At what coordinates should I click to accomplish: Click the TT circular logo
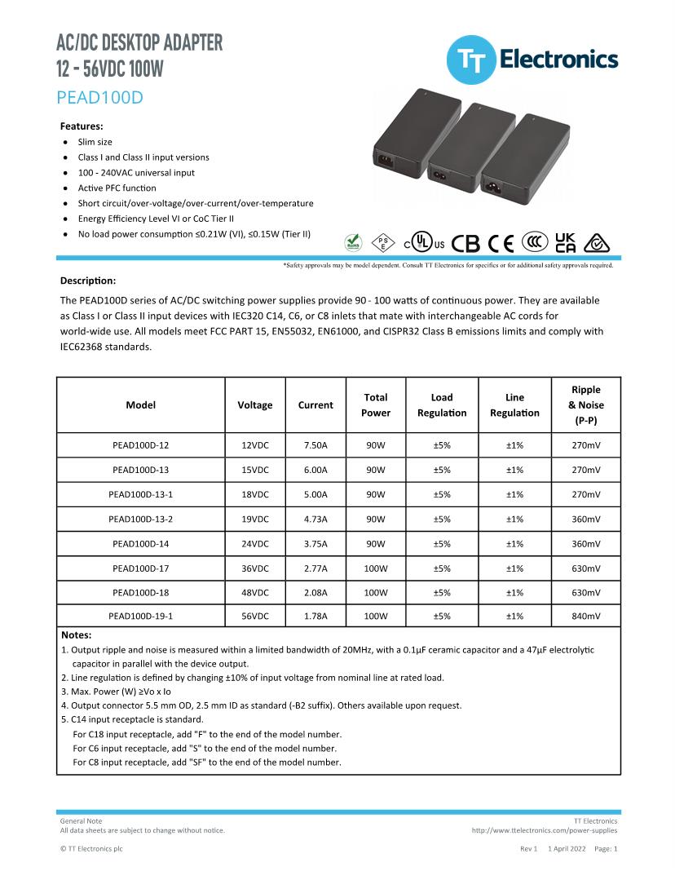click(470, 60)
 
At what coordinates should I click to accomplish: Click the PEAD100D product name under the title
click(100, 98)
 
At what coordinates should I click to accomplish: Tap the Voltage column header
click(255, 405)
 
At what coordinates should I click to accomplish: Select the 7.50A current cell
click(315, 445)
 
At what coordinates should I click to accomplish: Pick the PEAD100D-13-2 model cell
click(141, 519)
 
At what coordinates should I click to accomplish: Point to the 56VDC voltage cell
click(255, 617)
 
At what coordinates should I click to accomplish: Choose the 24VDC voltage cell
click(255, 543)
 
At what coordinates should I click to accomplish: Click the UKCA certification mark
click(565, 242)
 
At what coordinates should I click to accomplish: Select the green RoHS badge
click(354, 242)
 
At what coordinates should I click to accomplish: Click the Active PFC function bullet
click(117, 188)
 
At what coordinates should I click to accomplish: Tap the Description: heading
click(88, 281)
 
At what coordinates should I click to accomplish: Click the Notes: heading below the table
click(77, 634)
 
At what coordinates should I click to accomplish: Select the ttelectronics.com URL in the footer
click(544, 830)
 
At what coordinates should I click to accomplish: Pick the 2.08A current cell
click(315, 592)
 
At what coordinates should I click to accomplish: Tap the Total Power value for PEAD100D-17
click(376, 568)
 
